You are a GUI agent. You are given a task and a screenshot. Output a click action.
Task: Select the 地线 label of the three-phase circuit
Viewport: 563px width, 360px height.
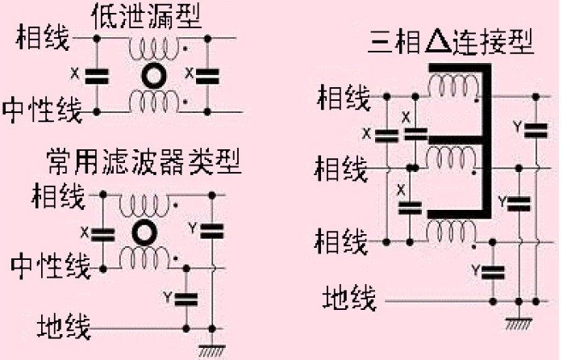tap(349, 299)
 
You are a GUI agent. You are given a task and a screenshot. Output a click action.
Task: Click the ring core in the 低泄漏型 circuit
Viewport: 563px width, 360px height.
tap(152, 76)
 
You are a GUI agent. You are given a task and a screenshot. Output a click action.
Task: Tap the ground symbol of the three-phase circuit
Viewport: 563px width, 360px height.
tap(516, 321)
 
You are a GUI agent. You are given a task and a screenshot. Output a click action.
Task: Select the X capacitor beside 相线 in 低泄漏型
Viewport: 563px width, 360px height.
tap(97, 76)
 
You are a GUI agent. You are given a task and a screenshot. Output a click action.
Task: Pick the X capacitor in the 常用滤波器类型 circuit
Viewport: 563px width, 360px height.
tap(102, 234)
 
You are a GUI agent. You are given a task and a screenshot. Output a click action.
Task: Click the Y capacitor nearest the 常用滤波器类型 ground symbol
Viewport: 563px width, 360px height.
tap(187, 298)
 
